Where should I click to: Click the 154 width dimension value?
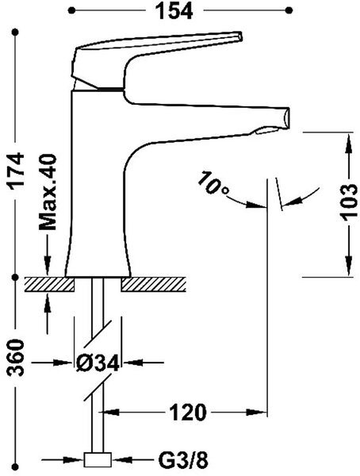[x=174, y=11]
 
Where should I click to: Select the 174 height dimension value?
[x=16, y=171]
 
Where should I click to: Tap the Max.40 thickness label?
[x=48, y=192]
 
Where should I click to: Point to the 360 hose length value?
[x=16, y=358]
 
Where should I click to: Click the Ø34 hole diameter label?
[x=98, y=363]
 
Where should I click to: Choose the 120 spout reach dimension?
[x=188, y=413]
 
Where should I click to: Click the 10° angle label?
[x=213, y=184]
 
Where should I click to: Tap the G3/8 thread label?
[x=183, y=460]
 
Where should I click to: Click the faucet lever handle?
[x=155, y=59]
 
